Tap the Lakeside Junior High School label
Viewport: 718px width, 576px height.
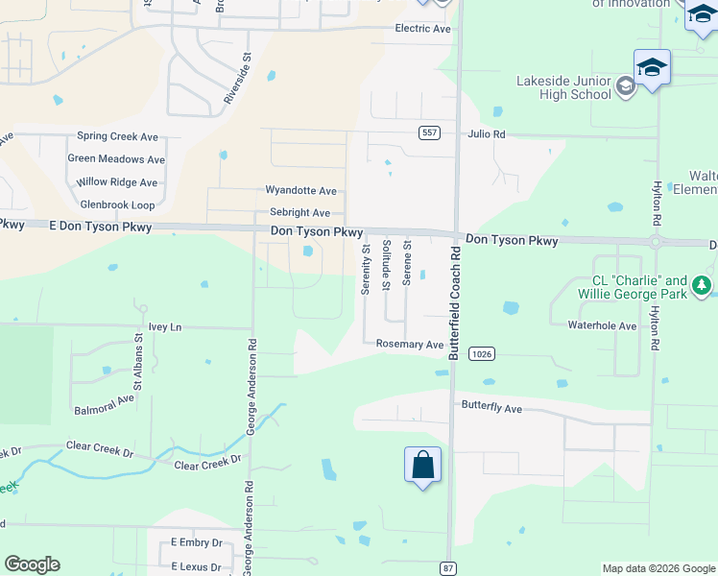(563, 87)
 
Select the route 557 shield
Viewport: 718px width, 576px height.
(429, 132)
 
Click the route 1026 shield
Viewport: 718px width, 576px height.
(482, 354)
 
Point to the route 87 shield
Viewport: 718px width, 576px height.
(447, 568)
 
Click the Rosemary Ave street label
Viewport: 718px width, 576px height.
(410, 344)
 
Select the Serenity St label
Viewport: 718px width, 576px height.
(366, 269)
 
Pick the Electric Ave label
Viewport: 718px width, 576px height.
(422, 29)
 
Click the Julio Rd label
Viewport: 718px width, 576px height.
(487, 134)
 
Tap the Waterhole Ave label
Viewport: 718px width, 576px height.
(602, 326)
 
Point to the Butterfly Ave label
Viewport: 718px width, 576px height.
(491, 408)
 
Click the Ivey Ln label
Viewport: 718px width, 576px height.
(162, 327)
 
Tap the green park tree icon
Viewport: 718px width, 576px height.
(703, 285)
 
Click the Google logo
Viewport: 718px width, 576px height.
(32, 564)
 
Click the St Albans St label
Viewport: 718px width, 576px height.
(138, 350)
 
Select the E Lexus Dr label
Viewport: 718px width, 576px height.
(196, 561)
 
